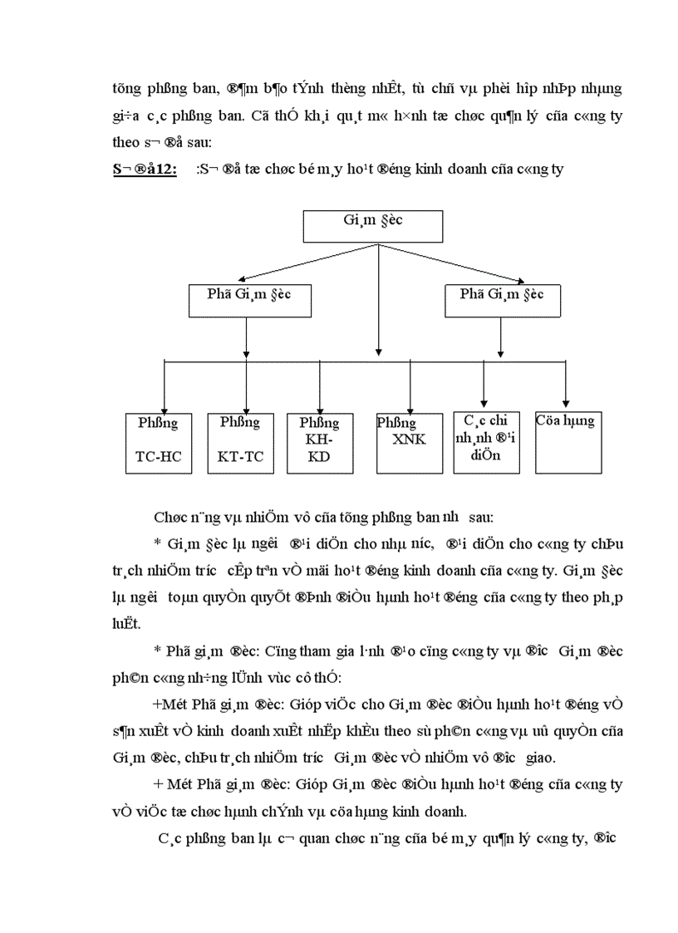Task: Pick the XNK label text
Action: point(408,439)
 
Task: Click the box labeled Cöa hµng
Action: point(569,443)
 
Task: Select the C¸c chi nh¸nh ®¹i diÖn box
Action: point(486,443)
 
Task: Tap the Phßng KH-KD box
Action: point(320,443)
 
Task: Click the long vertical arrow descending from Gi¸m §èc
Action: point(379,299)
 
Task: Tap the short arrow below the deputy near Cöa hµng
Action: point(499,338)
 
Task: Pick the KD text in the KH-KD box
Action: point(319,455)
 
